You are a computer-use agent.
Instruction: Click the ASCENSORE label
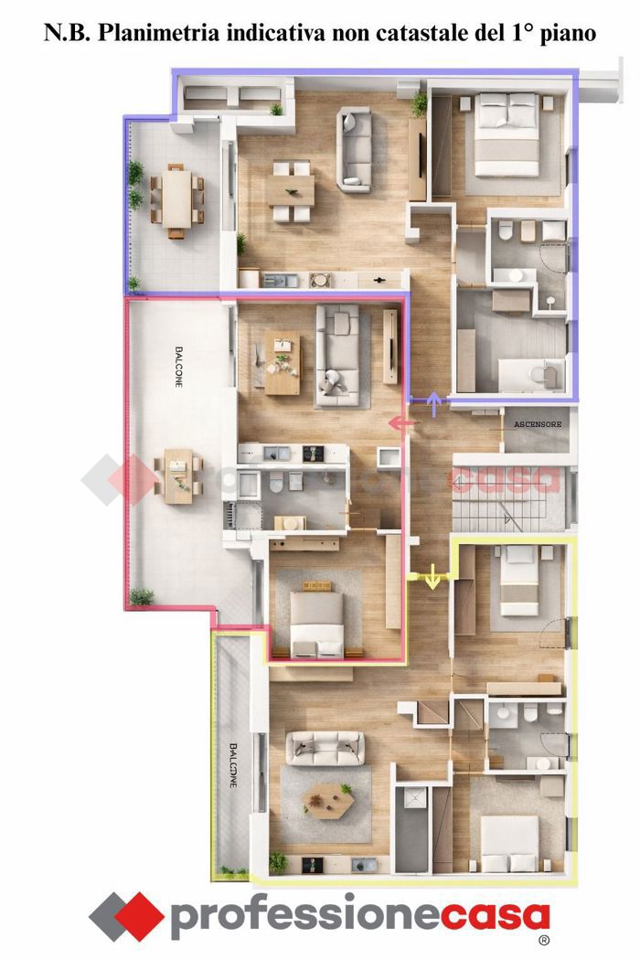click(537, 424)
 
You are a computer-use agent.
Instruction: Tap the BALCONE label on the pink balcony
click(179, 367)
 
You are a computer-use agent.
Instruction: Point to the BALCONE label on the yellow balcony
click(233, 764)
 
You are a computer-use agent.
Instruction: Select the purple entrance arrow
click(434, 404)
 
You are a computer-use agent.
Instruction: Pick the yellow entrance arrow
click(432, 577)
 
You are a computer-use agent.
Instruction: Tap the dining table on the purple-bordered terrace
click(177, 200)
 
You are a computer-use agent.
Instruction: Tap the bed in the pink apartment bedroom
click(316, 623)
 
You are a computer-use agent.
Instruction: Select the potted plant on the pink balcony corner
click(142, 596)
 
